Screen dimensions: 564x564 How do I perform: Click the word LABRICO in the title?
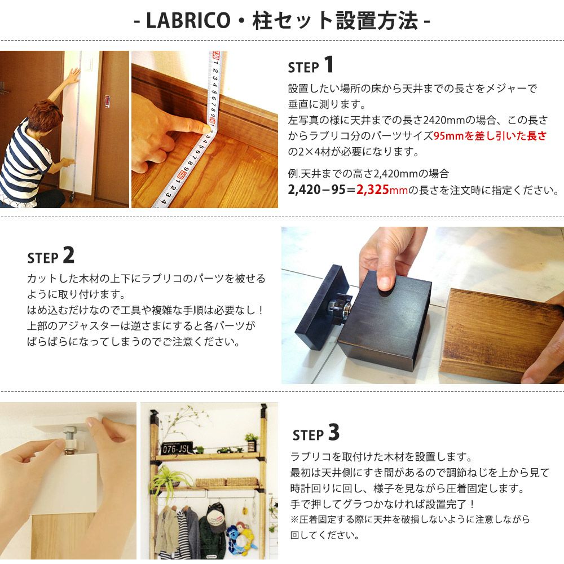click(x=188, y=20)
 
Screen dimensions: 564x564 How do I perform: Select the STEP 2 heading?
click(x=51, y=255)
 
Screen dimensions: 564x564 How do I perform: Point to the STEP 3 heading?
click(x=316, y=433)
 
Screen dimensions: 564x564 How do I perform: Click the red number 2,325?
click(x=372, y=190)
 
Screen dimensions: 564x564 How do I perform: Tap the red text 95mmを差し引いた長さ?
click(x=490, y=135)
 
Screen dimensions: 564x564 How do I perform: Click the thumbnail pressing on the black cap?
click(x=384, y=284)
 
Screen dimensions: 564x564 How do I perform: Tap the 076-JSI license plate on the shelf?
click(x=175, y=448)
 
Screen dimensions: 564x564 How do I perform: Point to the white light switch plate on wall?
click(x=87, y=66)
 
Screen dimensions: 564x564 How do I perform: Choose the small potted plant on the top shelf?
click(x=252, y=442)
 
